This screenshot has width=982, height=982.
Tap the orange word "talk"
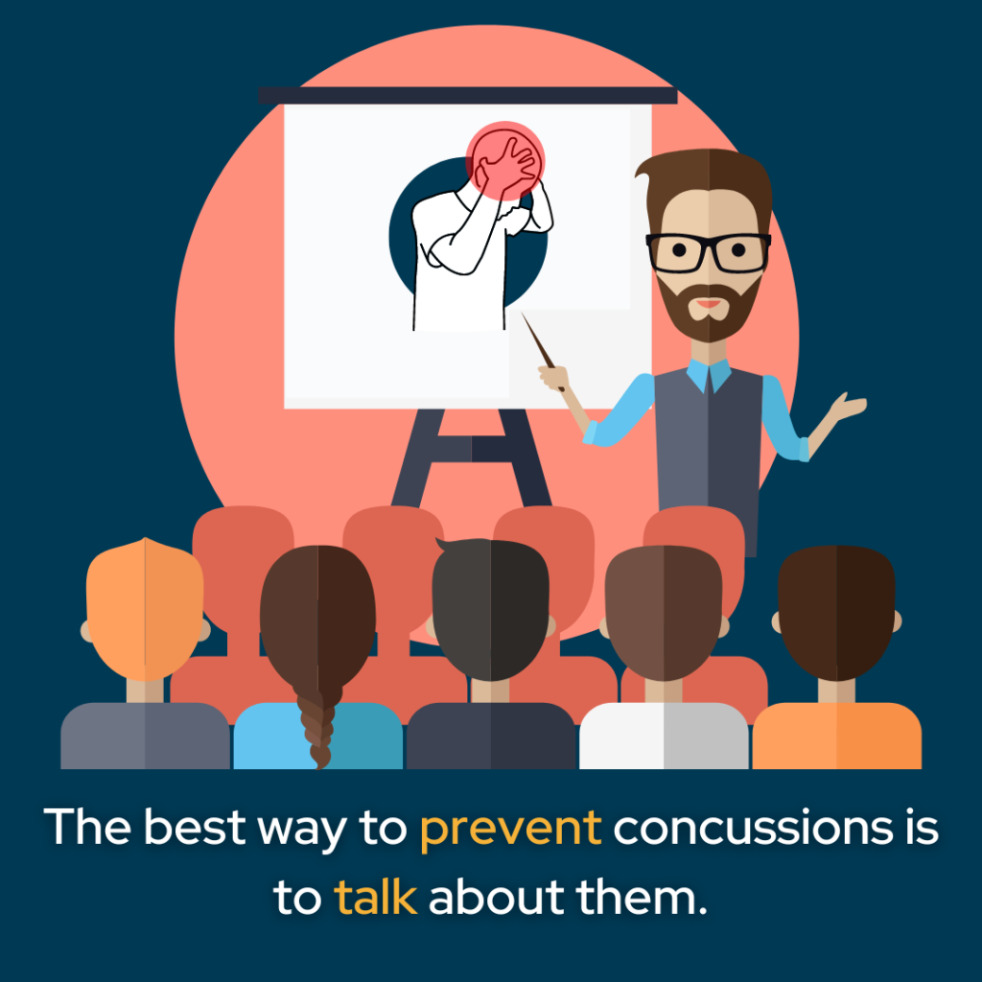375,898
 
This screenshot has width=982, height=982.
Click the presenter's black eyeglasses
708,251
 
